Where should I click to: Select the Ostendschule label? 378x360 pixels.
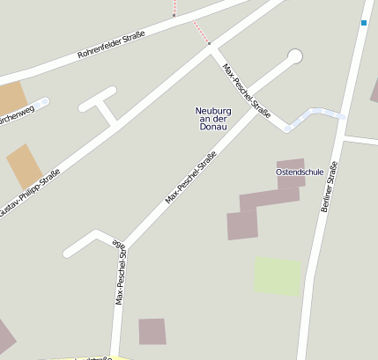click(x=300, y=173)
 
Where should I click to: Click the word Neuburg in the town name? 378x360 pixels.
click(x=211, y=111)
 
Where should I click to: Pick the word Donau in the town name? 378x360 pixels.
click(x=213, y=127)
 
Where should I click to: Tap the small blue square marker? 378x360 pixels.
click(x=363, y=22)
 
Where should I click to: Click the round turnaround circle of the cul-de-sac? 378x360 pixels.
click(x=294, y=56)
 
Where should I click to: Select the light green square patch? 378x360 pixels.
click(x=278, y=276)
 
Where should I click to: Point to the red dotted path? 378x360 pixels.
click(x=202, y=33)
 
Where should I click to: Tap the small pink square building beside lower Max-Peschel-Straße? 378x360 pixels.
click(x=152, y=331)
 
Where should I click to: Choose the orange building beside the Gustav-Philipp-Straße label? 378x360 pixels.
click(x=25, y=165)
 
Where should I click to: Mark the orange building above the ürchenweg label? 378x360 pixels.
click(x=11, y=98)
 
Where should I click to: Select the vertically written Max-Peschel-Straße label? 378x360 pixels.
click(x=121, y=275)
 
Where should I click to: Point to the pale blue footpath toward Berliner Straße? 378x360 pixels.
click(x=314, y=114)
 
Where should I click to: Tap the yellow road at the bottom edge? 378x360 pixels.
click(x=88, y=357)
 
